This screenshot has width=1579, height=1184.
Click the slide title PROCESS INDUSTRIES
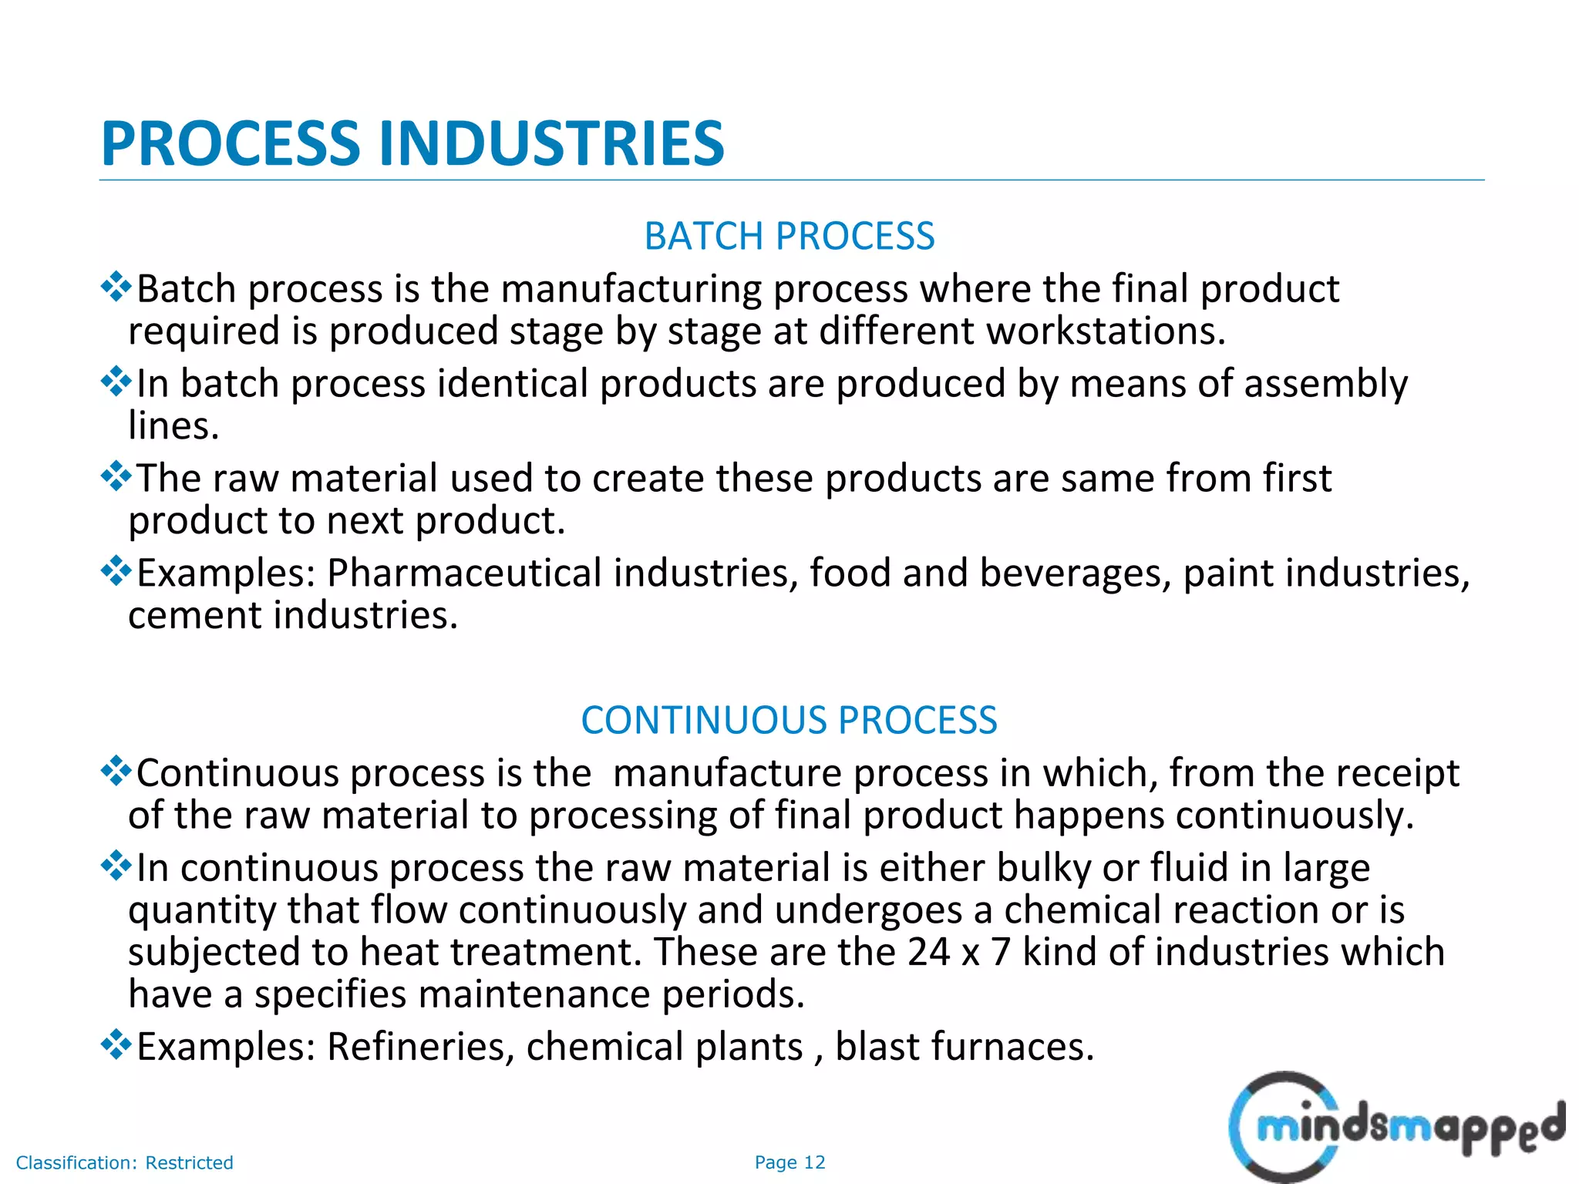point(412,144)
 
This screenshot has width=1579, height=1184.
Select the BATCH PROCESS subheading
point(789,236)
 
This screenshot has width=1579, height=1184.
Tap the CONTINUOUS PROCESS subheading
point(789,720)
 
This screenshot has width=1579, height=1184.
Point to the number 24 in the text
point(928,952)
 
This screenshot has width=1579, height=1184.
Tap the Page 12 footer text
point(789,1162)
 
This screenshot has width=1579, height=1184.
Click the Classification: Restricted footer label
point(124,1162)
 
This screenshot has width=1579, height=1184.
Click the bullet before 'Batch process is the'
point(116,287)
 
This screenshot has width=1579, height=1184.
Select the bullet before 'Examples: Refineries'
point(116,1044)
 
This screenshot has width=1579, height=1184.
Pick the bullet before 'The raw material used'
point(116,476)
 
